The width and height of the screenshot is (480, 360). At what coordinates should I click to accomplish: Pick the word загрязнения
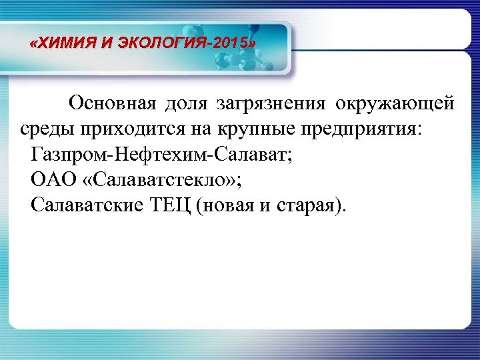271,105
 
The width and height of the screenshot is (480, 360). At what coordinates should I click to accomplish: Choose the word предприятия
356,130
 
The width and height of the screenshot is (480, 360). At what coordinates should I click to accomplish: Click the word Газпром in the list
69,155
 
